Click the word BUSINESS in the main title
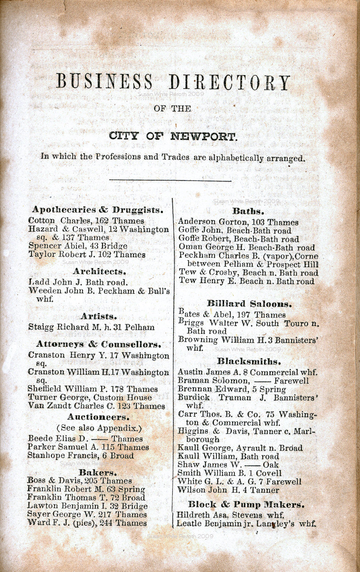coord(104,82)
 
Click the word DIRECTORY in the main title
coord(229,82)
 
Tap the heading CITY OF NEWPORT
coord(173,136)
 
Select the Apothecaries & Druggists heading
coord(98,210)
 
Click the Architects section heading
coord(99,272)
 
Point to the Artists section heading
coord(99,316)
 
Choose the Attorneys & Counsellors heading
coord(98,345)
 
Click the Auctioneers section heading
coord(99,417)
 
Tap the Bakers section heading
coord(98,472)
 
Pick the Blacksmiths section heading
coord(248,361)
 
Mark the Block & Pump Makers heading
coord(246,504)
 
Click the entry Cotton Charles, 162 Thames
coord(86,221)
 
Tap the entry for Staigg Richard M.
coord(91,327)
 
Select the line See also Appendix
coord(99,428)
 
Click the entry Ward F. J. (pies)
coord(87,523)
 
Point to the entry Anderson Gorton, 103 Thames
coord(238,222)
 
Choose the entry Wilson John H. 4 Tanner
coord(228,490)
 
